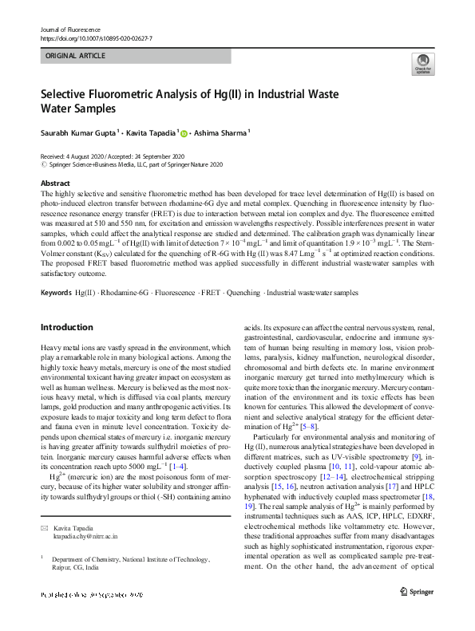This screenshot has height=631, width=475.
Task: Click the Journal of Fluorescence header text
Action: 68,29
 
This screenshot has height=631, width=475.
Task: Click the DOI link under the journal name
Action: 96,38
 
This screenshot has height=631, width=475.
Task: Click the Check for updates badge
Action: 422,65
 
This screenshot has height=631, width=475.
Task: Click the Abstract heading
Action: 55,183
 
